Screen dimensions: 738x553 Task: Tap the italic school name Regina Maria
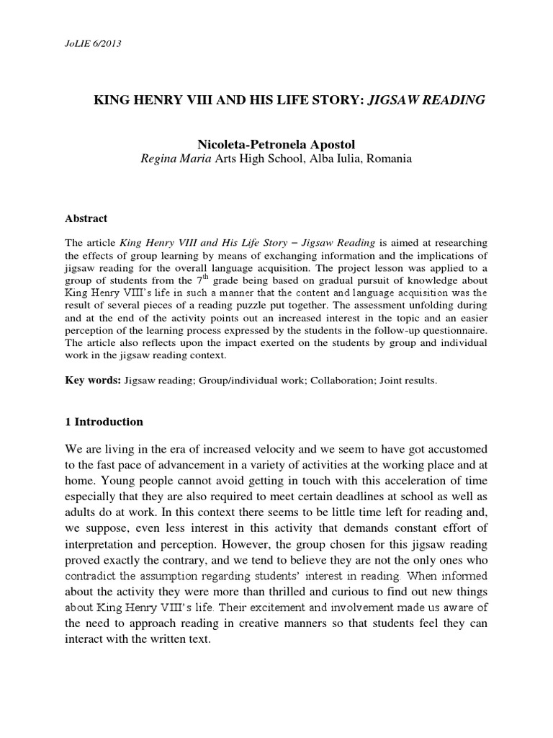click(x=173, y=159)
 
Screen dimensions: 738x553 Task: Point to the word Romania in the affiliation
click(x=390, y=159)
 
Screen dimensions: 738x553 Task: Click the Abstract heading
click(x=88, y=218)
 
